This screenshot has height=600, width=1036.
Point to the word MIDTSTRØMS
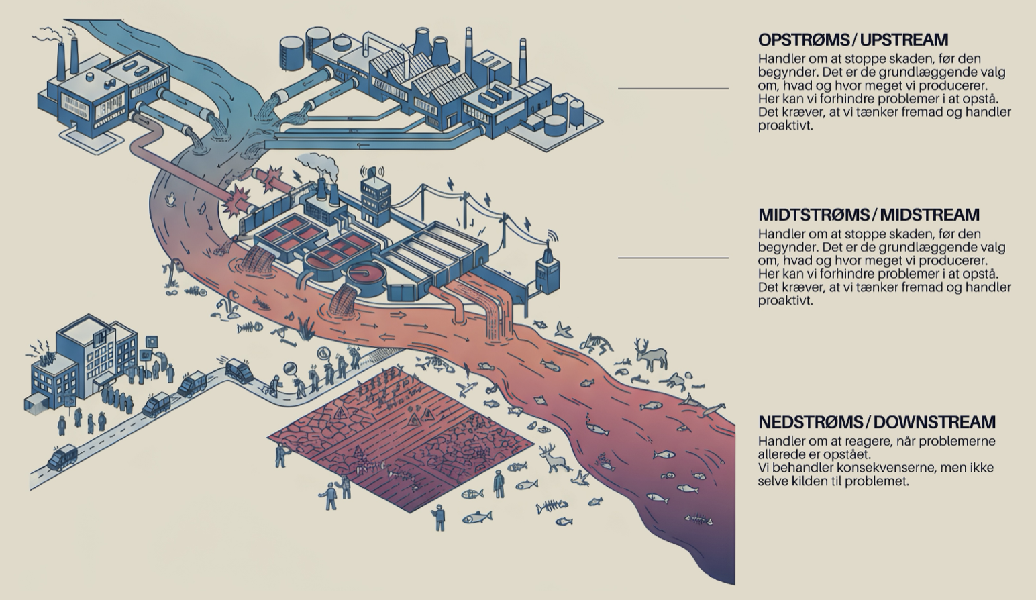[813, 215]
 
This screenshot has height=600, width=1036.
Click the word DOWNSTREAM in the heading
[934, 422]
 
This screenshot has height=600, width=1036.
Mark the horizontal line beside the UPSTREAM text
[673, 88]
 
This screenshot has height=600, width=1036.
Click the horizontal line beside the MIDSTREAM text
[673, 258]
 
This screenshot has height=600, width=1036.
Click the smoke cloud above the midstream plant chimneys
[317, 163]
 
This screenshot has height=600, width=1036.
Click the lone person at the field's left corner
[280, 456]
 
